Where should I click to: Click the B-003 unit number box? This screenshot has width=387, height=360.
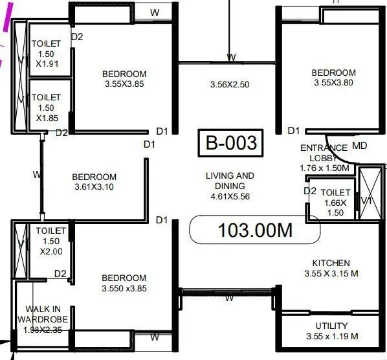tap(231, 143)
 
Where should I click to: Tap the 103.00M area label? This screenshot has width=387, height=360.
tap(255, 230)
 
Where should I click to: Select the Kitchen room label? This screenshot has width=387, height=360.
tap(331, 263)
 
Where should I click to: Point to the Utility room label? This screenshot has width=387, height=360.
tap(332, 326)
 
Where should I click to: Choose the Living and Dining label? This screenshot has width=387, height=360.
tap(230, 181)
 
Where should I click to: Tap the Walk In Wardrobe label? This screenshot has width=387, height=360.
tap(43, 314)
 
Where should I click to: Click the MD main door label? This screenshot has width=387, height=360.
tap(359, 146)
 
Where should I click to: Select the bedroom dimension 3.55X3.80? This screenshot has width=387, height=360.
tap(333, 83)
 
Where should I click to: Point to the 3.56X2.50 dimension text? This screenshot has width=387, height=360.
tap(230, 84)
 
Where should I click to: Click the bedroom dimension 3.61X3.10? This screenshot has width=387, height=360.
tap(94, 188)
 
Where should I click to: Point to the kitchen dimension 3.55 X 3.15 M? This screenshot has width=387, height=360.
tap(331, 273)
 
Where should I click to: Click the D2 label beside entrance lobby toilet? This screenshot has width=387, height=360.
tap(310, 191)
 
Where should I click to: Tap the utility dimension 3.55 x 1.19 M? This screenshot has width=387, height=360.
tap(332, 336)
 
